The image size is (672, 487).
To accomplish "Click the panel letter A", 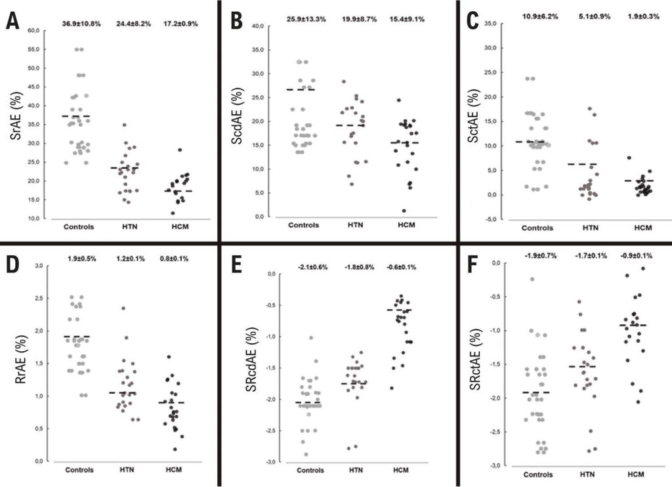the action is [x=12, y=21].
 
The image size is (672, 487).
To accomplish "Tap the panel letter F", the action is [x=472, y=265].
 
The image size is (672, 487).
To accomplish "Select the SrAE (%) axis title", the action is [x=16, y=116].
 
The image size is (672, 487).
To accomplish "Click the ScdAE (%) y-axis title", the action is [x=236, y=116].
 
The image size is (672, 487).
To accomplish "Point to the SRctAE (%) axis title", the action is [x=475, y=360].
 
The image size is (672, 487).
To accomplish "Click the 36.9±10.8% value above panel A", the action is [x=81, y=24].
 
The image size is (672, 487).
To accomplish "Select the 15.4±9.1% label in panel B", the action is [x=407, y=19].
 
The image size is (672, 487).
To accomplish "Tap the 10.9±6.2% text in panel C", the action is [x=539, y=16].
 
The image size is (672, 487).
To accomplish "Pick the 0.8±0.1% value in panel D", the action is [x=174, y=259].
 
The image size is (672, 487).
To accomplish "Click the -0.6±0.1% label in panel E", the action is [x=401, y=268].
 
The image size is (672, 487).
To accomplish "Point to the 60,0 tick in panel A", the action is [x=33, y=30].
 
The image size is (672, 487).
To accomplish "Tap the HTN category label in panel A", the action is [x=129, y=227].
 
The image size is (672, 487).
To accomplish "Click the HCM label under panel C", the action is [x=643, y=228].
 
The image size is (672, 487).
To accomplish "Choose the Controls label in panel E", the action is [x=310, y=471].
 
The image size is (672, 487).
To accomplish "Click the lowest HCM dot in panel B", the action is [x=404, y=211].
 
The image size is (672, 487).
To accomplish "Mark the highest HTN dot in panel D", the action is [x=123, y=308].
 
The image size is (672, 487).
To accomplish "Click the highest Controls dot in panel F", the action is [x=532, y=279].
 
